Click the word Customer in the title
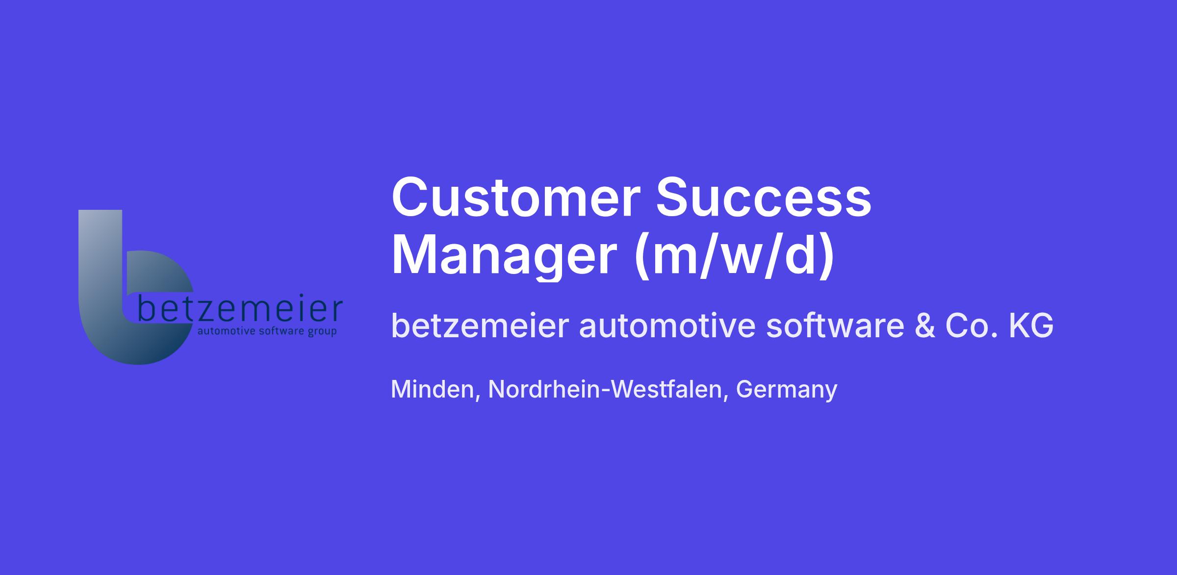(516, 198)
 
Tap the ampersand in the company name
(924, 326)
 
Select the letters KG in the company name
(1031, 326)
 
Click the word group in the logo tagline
(322, 332)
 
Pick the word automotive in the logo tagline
(226, 332)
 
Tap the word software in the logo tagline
(281, 331)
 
